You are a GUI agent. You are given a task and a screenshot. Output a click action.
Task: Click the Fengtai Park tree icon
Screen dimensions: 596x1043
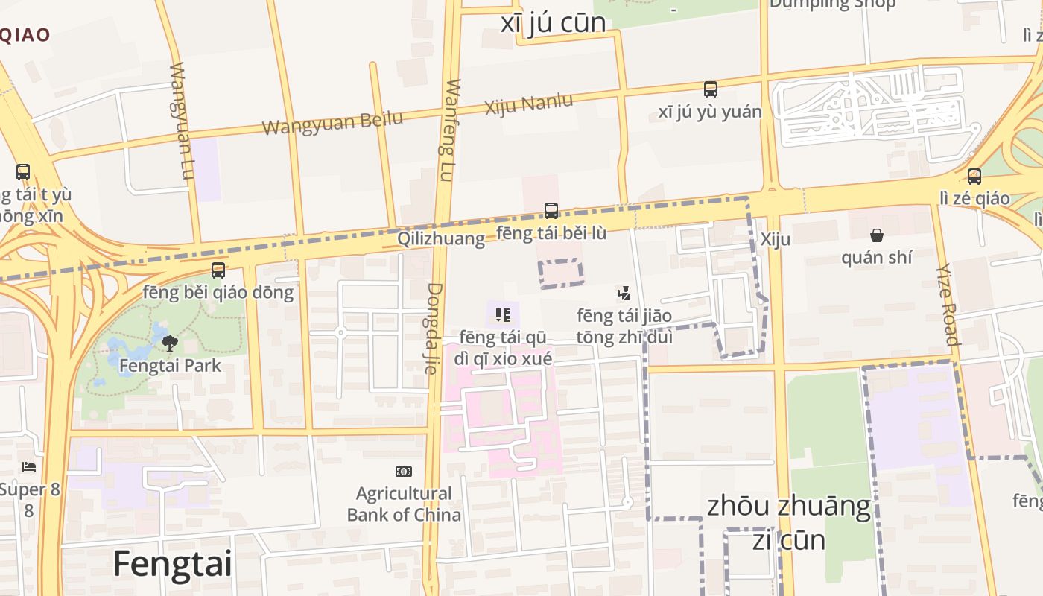tap(170, 343)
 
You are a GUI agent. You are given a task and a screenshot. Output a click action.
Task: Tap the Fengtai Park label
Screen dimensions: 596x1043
tap(170, 366)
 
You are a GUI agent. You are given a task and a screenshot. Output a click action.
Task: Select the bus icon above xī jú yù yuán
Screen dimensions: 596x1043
tap(711, 89)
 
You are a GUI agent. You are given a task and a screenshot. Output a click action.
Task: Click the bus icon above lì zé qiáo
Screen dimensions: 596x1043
tap(974, 177)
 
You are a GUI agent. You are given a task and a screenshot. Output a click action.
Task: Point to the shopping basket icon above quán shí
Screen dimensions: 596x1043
tap(877, 236)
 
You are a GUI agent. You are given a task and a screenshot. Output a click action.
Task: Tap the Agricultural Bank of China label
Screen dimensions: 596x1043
tap(404, 504)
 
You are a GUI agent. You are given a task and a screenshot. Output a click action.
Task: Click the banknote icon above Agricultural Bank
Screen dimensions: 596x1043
tap(404, 472)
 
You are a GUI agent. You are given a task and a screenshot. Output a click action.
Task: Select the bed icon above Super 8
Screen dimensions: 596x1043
tap(29, 467)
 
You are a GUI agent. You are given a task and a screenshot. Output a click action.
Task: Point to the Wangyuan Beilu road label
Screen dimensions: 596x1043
tap(332, 122)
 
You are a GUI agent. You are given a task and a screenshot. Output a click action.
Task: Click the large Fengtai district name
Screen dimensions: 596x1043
tap(172, 564)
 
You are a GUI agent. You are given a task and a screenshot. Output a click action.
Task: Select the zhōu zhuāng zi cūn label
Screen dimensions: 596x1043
tap(788, 521)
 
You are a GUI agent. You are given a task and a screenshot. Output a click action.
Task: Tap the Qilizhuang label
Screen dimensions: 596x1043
tap(440, 238)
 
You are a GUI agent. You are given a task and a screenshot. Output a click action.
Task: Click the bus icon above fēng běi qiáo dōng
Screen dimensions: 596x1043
tap(218, 270)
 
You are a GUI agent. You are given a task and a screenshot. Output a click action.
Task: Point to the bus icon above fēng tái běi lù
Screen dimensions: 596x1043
tap(551, 211)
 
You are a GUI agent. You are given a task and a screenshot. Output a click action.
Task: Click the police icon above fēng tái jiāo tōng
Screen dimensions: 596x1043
tap(624, 294)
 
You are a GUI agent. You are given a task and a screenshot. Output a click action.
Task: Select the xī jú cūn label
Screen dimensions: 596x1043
tap(553, 22)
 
